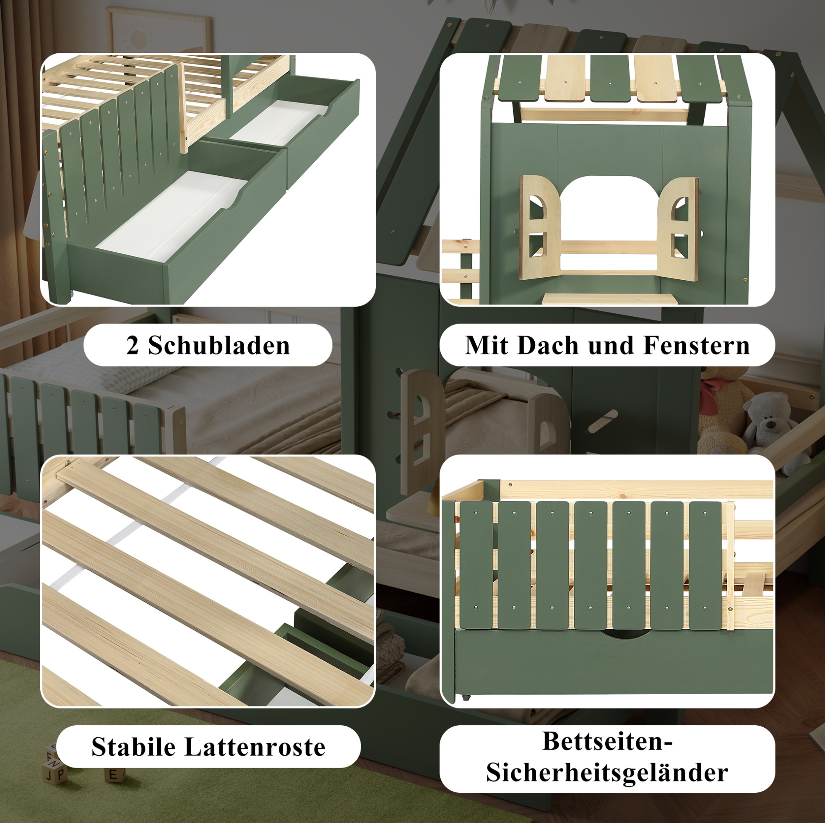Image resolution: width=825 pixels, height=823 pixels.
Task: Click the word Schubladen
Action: (x=219, y=345)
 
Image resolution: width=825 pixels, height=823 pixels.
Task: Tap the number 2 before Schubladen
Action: (x=133, y=346)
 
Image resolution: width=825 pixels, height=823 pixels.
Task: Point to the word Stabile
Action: (x=134, y=747)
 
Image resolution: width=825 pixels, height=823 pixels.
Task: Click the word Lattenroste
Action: (x=255, y=747)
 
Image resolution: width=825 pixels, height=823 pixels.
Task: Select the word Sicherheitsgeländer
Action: (x=607, y=773)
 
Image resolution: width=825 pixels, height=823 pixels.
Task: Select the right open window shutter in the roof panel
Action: (x=678, y=229)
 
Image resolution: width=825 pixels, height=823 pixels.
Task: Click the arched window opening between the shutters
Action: (x=609, y=209)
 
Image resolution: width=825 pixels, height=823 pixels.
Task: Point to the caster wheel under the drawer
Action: (x=465, y=697)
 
